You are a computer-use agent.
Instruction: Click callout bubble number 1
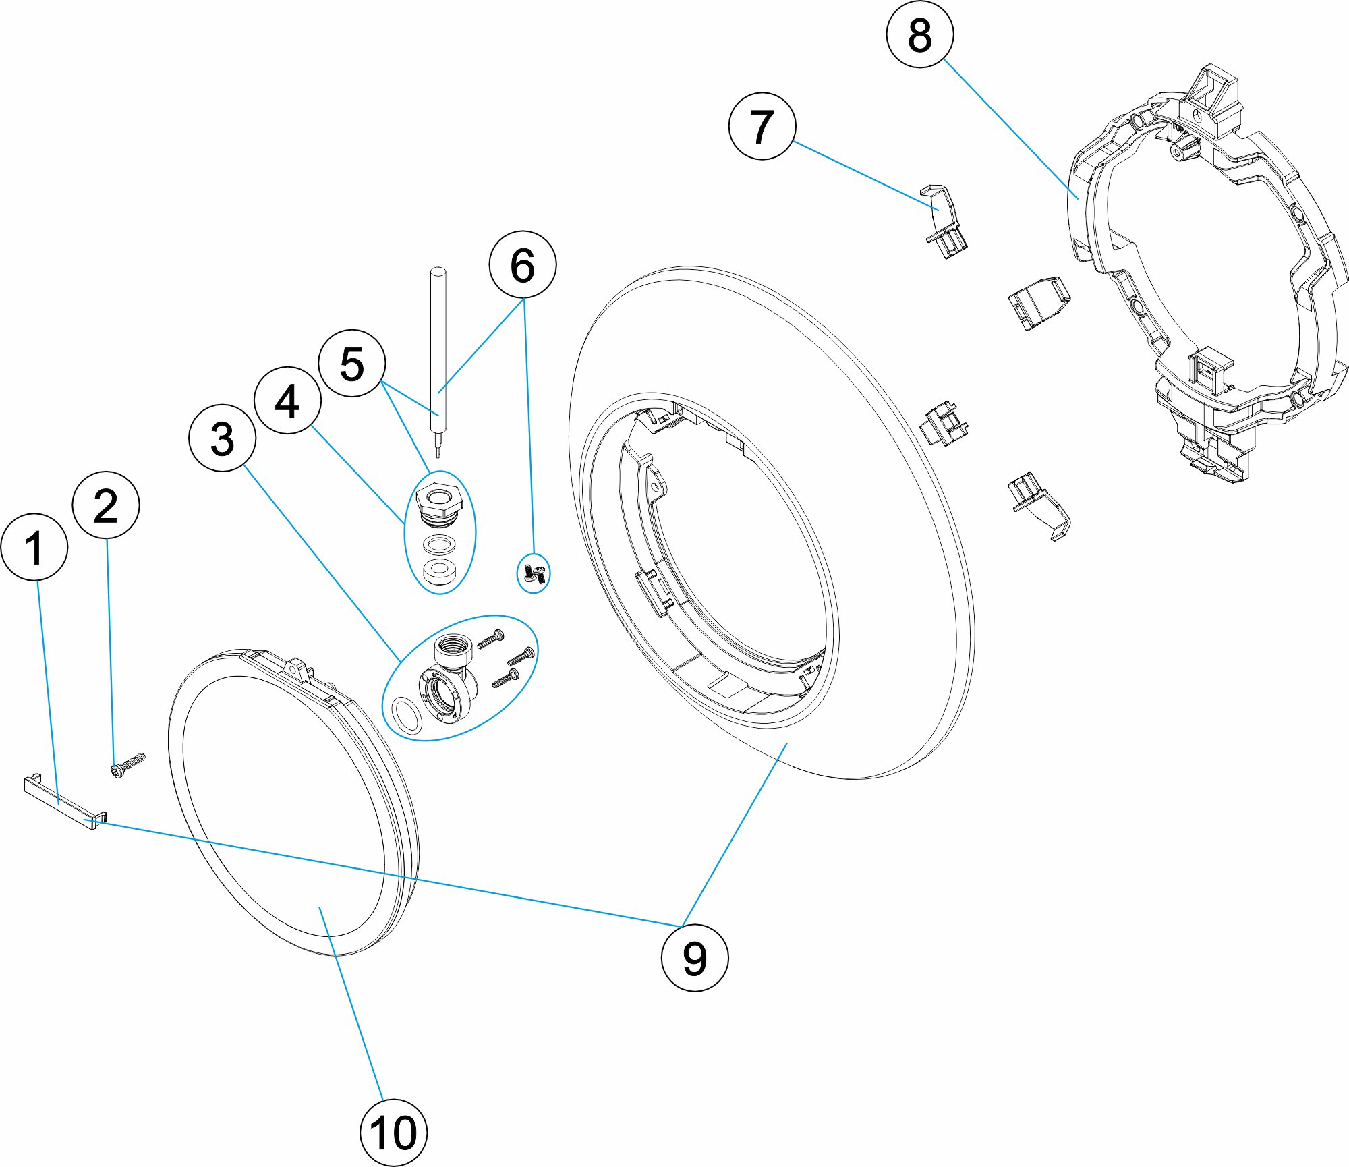click(x=34, y=547)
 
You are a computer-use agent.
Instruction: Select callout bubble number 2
click(x=106, y=505)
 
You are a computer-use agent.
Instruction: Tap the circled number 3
click(x=223, y=438)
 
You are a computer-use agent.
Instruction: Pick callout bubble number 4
click(x=287, y=401)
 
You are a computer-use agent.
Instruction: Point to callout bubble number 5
click(x=351, y=364)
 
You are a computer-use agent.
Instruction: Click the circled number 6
click(x=523, y=264)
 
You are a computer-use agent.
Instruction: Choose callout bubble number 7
click(x=762, y=126)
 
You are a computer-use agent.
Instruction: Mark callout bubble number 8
click(x=920, y=34)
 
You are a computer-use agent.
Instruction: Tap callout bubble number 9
click(x=695, y=958)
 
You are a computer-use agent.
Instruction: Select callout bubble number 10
click(x=393, y=1133)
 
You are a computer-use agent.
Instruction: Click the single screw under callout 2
click(x=128, y=765)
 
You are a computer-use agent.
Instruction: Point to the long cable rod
click(x=438, y=351)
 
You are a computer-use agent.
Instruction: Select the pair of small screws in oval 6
click(x=534, y=573)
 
